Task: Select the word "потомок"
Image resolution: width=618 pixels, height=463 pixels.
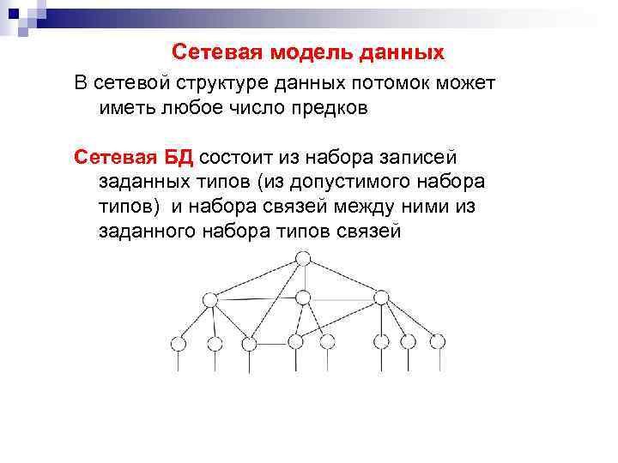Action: [x=394, y=83]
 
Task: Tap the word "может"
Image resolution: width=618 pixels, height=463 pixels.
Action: [x=465, y=83]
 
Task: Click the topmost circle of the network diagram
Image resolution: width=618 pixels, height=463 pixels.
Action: [x=303, y=257]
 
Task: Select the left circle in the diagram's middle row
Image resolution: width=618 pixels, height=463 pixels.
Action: [x=209, y=298]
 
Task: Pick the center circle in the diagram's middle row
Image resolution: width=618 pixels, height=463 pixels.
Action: [x=302, y=298]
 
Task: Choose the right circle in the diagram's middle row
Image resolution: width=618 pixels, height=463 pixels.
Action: [x=380, y=298]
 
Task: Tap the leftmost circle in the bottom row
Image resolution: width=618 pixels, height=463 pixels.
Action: [x=179, y=343]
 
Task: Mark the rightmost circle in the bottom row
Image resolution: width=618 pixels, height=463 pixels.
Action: [x=438, y=340]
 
